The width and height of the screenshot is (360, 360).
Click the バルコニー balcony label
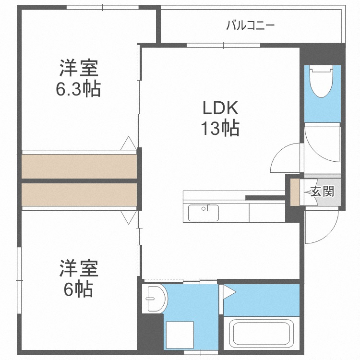pos(251,25)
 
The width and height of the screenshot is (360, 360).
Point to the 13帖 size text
pos(219,128)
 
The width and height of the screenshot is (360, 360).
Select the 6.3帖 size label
pos(79,88)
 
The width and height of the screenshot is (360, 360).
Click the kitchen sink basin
pos(203,212)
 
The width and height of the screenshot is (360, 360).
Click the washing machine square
pos(179,335)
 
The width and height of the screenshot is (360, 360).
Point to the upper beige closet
pos(79,166)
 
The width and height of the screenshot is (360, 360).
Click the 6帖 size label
pos(79,289)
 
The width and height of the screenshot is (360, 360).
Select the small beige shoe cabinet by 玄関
pos(294,192)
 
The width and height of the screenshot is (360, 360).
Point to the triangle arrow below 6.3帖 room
pos(128,143)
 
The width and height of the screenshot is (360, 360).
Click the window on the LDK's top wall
pos(223,46)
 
